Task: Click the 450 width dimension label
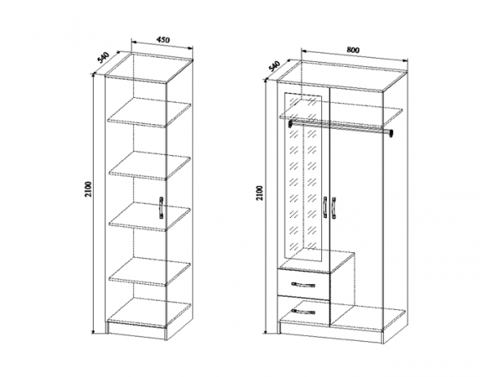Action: [163, 40]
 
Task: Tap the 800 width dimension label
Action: [353, 50]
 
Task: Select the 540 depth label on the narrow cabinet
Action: [103, 57]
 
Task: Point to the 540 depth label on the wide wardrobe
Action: [275, 66]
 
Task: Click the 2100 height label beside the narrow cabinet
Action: [89, 189]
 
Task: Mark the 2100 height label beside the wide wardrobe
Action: [260, 193]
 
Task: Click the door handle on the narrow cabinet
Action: [161, 208]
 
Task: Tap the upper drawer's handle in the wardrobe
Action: [303, 284]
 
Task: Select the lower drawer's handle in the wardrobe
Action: [303, 312]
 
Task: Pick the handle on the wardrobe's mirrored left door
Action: [325, 208]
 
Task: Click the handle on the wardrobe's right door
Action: [334, 208]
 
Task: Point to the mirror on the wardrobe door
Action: [303, 177]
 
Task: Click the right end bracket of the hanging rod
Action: [391, 133]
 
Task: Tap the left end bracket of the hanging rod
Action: [290, 123]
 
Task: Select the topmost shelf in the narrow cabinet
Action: [149, 112]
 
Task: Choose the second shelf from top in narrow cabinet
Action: [149, 166]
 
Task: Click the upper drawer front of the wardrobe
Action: [303, 285]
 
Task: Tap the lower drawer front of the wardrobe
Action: [303, 312]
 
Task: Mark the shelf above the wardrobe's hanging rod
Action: [340, 116]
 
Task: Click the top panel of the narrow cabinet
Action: [149, 68]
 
